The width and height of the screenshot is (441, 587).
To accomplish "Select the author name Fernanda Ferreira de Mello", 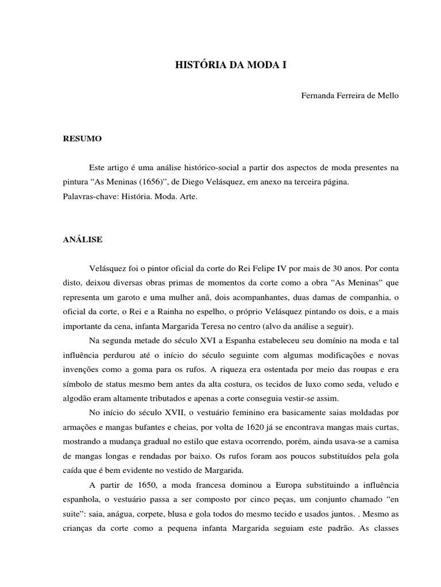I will [350, 95].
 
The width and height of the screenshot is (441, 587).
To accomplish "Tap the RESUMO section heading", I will [82, 139].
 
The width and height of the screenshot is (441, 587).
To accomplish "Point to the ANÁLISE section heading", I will [83, 240].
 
